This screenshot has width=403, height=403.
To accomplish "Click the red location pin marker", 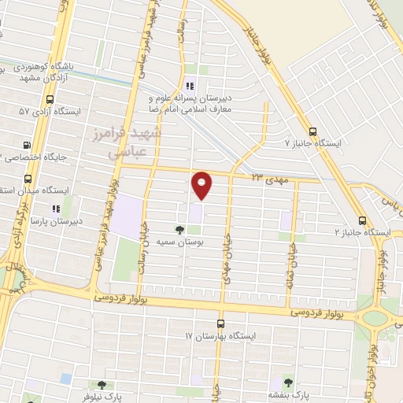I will pyautogui.click(x=202, y=185).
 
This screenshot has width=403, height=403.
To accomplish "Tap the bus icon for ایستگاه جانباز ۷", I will pyautogui.click(x=313, y=132).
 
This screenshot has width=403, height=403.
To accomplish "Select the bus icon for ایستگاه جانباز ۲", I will pyautogui.click(x=362, y=221).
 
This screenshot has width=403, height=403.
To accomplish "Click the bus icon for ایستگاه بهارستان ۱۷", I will pyautogui.click(x=220, y=323).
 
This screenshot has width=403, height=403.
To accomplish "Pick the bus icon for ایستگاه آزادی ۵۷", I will pyautogui.click(x=50, y=100).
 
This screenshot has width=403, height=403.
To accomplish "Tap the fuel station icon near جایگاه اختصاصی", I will pyautogui.click(x=28, y=146).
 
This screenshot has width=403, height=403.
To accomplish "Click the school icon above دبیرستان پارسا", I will pyautogui.click(x=55, y=209).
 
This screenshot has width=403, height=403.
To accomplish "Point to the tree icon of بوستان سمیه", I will pyautogui.click(x=180, y=230).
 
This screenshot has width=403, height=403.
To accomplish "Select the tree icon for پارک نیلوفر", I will pyautogui.click(x=101, y=385).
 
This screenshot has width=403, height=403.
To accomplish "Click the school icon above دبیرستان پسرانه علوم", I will pyautogui.click(x=189, y=87).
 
